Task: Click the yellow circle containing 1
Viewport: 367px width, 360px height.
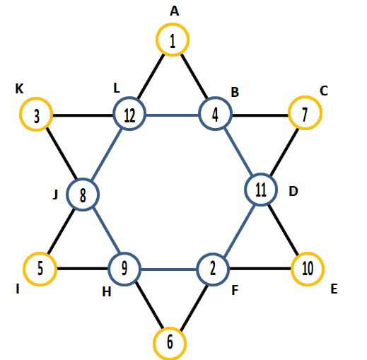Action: pyautogui.click(x=173, y=25)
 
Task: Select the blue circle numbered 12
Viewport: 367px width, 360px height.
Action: pyautogui.click(x=129, y=98)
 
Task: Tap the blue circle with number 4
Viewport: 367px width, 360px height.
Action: pyautogui.click(x=215, y=98)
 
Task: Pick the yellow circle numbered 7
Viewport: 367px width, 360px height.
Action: pyautogui.click(x=305, y=97)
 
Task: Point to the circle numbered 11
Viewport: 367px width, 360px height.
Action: pyautogui.click(x=261, y=175)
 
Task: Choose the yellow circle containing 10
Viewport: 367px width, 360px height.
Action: pyautogui.click(x=308, y=253)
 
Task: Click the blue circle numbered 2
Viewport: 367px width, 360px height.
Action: pyautogui.click(x=213, y=255)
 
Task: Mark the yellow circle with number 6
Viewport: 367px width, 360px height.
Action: pyautogui.click(x=170, y=329)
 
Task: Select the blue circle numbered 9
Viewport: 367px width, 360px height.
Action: pyautogui.click(x=124, y=254)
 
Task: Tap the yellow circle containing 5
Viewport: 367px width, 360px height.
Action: pyautogui.click(x=40, y=254)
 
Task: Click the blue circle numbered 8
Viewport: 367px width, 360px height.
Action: pyautogui.click(x=83, y=180)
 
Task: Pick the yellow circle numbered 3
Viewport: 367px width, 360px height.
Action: pyautogui.click(x=36, y=98)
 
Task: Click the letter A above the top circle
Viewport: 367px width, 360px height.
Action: pyautogui.click(x=175, y=11)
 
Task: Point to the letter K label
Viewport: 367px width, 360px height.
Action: pyautogui.click(x=19, y=89)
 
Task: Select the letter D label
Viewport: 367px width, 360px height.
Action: pyautogui.click(x=293, y=191)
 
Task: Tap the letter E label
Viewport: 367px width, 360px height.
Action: pyautogui.click(x=334, y=289)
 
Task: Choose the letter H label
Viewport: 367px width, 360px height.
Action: pyautogui.click(x=107, y=292)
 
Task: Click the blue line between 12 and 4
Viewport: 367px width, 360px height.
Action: pyautogui.click(x=173, y=115)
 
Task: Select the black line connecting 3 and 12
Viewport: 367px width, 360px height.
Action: pyautogui.click(x=83, y=115)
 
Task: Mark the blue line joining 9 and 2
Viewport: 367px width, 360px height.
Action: pyautogui.click(x=168, y=269)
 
